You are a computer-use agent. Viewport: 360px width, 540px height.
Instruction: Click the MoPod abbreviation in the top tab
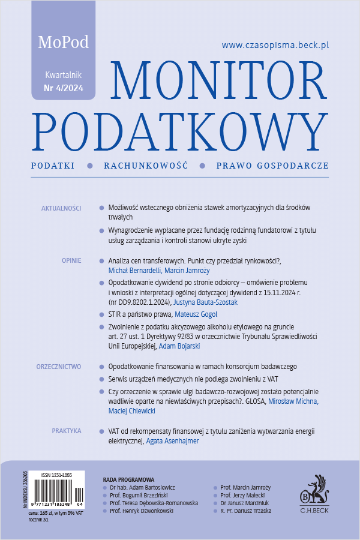(x=63, y=43)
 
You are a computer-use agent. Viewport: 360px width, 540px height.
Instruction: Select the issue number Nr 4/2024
(x=64, y=89)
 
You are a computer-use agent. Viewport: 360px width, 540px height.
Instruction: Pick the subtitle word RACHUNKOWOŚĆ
(x=146, y=165)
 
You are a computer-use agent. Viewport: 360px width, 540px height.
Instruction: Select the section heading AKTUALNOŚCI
(x=61, y=208)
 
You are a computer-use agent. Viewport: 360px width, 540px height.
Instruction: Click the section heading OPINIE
(x=71, y=262)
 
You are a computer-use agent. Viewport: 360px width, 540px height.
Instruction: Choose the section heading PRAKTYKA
(x=67, y=430)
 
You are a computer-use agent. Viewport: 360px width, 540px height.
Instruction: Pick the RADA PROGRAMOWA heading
(x=128, y=480)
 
